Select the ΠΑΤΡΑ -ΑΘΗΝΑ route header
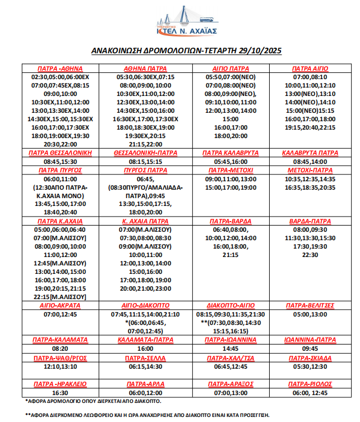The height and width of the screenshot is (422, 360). point(61,68)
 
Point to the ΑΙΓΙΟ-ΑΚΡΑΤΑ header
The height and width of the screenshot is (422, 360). point(61,305)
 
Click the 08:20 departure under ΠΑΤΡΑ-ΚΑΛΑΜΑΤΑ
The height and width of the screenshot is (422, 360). point(61,348)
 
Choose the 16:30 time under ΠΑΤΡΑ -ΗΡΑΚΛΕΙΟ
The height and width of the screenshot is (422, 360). point(61,393)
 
